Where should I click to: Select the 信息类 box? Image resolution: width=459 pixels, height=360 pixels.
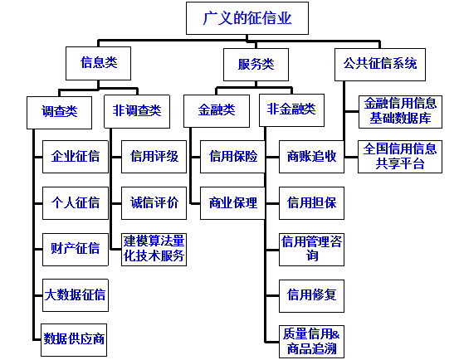(99, 63)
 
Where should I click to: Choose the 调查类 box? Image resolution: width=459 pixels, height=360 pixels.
(59, 109)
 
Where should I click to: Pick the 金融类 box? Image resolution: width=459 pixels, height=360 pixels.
(217, 109)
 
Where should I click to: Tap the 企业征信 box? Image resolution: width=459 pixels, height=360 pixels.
(76, 156)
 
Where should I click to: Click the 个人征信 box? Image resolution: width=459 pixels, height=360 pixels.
(76, 202)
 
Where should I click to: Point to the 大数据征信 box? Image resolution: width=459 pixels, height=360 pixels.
(76, 293)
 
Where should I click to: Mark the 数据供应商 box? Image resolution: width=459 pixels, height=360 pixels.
(76, 338)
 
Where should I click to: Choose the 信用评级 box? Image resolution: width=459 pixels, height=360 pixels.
(154, 156)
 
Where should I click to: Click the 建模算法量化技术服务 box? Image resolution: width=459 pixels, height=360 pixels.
(154, 248)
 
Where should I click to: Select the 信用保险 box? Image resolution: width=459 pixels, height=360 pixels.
(233, 156)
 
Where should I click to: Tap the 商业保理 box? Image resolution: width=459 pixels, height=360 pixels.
(233, 202)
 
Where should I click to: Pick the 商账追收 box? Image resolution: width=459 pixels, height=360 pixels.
(311, 156)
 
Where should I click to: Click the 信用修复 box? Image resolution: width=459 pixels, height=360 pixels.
(311, 293)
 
